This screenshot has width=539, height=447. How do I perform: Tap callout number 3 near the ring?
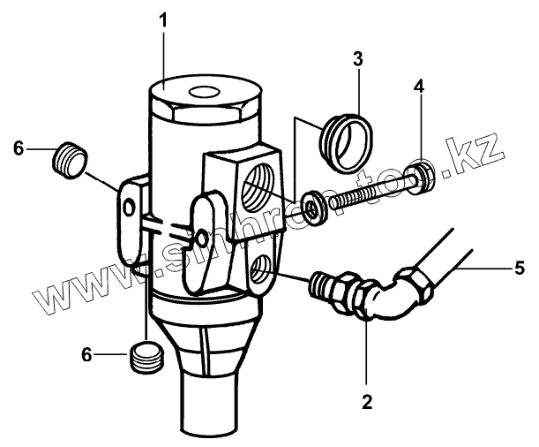(x=357, y=59)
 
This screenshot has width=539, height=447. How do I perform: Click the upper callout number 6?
(x=18, y=148)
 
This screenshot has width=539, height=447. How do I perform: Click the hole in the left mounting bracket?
(x=130, y=206)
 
